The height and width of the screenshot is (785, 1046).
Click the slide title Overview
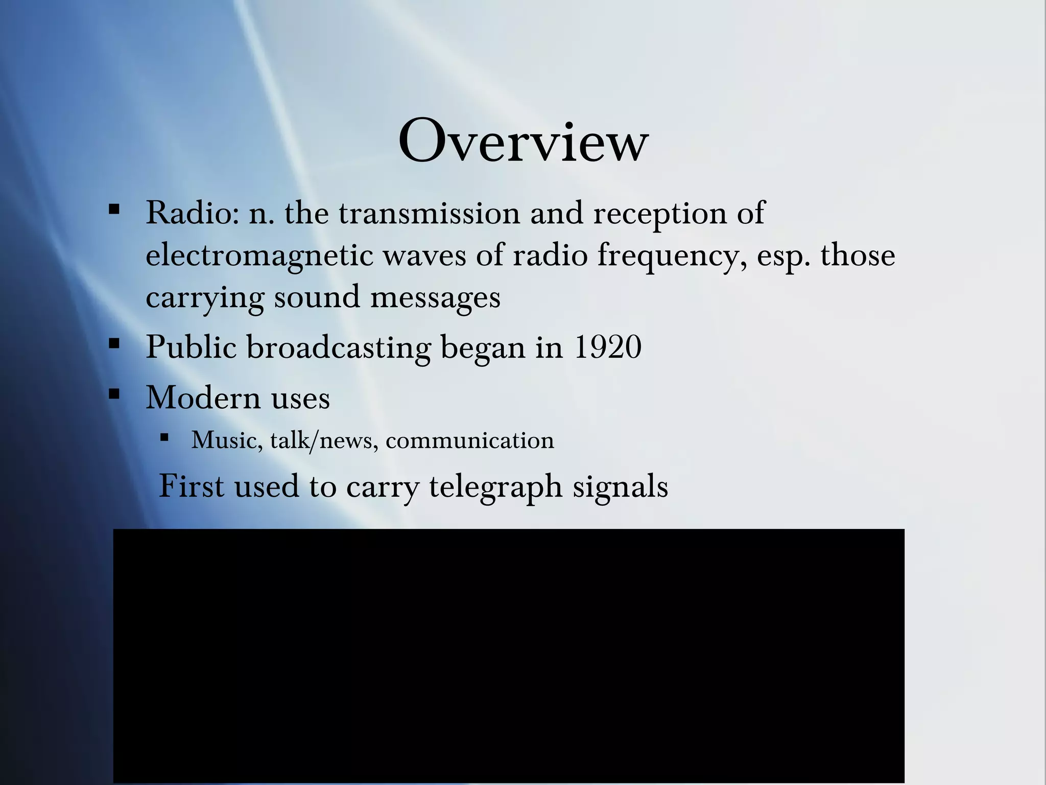(x=523, y=141)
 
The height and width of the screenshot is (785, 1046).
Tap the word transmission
(x=429, y=213)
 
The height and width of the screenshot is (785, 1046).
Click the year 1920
(x=608, y=348)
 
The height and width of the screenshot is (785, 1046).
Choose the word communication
(x=469, y=440)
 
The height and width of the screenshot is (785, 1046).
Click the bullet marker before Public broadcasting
(x=114, y=343)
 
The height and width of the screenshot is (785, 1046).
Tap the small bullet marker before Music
(x=164, y=437)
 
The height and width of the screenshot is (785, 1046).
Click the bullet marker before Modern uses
(x=114, y=394)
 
